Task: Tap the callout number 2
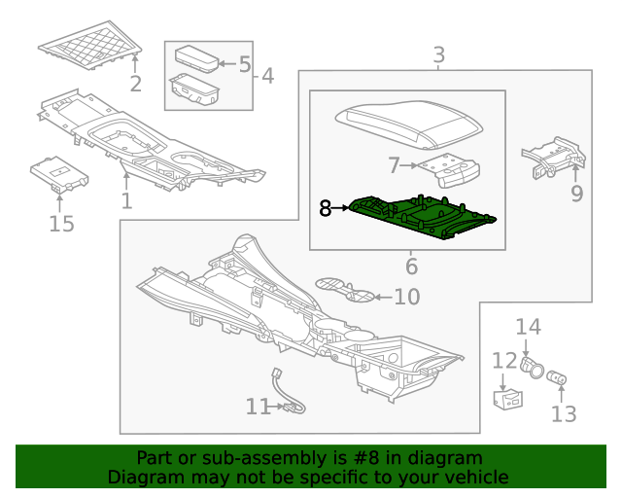click(136, 84)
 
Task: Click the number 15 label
click(60, 226)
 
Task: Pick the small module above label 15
click(60, 173)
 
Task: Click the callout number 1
click(126, 201)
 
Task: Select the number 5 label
click(244, 65)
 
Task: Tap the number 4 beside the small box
click(267, 75)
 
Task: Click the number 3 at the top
click(439, 54)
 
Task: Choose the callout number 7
click(393, 165)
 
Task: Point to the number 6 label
click(411, 266)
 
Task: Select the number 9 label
click(577, 194)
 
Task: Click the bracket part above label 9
click(554, 159)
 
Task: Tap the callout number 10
click(405, 297)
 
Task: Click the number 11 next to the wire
click(258, 407)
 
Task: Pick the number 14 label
click(527, 327)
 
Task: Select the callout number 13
click(564, 414)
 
